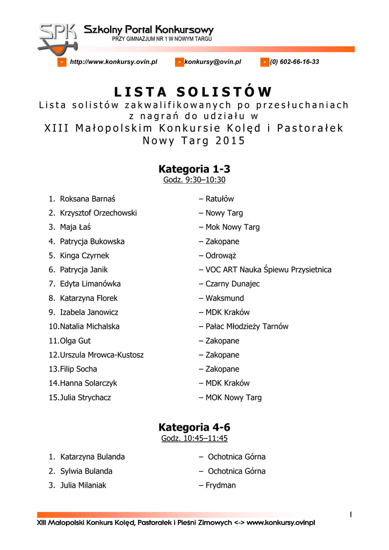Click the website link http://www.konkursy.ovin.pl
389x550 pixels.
tap(113, 62)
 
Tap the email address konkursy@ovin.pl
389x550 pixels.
tap(213, 62)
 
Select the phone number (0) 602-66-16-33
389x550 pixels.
tap(294, 62)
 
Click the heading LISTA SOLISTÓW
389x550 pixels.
tap(194, 92)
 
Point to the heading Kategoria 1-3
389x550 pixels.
tap(194, 169)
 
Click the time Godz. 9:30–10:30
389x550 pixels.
tap(194, 180)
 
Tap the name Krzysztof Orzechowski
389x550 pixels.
tap(98, 213)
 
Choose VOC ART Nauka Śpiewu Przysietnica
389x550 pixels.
tap(268, 270)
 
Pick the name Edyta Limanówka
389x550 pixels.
tap(90, 284)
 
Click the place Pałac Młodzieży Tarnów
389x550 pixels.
tap(247, 327)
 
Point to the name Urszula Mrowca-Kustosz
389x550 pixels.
tap(102, 355)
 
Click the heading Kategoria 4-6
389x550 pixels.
tap(194, 427)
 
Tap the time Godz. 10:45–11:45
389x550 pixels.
tap(194, 438)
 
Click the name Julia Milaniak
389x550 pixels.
tap(83, 485)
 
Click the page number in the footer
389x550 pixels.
tap(350, 515)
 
